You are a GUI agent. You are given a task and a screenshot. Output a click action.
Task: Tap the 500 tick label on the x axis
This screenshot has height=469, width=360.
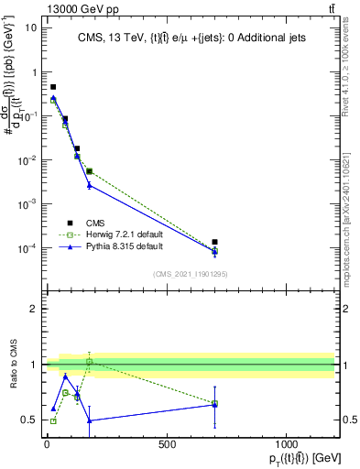tap(167, 443)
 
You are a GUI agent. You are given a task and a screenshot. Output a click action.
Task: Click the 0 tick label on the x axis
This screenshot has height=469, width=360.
tap(47, 443)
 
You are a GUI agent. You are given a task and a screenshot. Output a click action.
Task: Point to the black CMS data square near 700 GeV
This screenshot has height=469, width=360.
tap(214, 242)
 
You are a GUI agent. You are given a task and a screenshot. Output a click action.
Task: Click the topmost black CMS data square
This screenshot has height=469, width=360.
tap(53, 87)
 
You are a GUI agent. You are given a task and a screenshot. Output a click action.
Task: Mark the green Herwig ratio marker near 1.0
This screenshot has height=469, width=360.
tap(89, 361)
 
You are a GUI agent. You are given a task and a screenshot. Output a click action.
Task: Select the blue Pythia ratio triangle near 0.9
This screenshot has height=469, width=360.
tap(65, 376)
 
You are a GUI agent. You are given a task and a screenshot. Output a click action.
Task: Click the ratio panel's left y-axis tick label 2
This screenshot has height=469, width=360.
tap(30, 310)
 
